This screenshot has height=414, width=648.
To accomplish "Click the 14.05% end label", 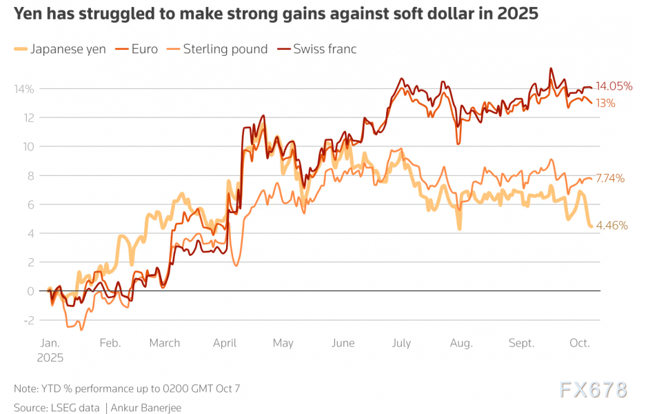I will click(614, 86).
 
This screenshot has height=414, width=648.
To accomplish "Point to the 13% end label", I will click(607, 103).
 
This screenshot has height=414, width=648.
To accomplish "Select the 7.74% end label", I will click(610, 178).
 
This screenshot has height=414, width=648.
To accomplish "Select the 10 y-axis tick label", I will click(28, 147).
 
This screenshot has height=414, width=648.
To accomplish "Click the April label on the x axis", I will click(225, 343).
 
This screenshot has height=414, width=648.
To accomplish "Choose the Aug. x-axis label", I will click(461, 343).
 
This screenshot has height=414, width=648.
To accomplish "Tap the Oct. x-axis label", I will click(580, 343).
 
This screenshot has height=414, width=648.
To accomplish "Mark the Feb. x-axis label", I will click(110, 343).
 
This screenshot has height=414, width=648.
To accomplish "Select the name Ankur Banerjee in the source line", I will click(146, 408).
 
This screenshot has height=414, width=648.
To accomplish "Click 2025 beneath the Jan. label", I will click(50, 358).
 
